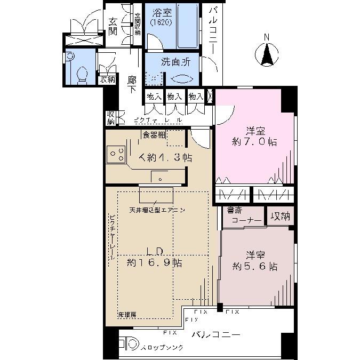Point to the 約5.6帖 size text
point(254,266)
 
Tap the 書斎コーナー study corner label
point(243,215)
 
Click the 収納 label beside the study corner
point(278,216)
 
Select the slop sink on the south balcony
point(129,345)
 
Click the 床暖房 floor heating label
point(127,315)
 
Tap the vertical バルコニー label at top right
point(212,32)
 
